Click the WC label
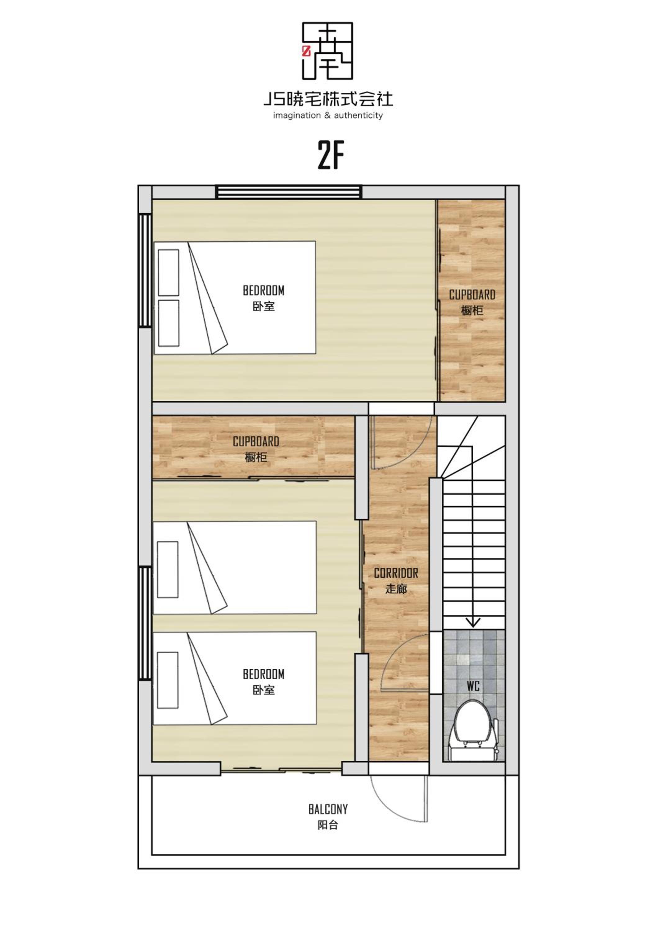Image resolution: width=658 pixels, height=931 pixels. click(473, 686)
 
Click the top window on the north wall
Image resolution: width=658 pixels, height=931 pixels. click(289, 192)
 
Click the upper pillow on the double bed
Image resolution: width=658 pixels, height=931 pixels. click(169, 272)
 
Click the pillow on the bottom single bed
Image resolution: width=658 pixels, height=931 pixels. click(168, 680)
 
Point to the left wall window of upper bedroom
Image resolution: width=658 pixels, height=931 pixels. click(145, 271)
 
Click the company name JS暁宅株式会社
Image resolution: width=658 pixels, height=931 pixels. click(328, 99)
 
